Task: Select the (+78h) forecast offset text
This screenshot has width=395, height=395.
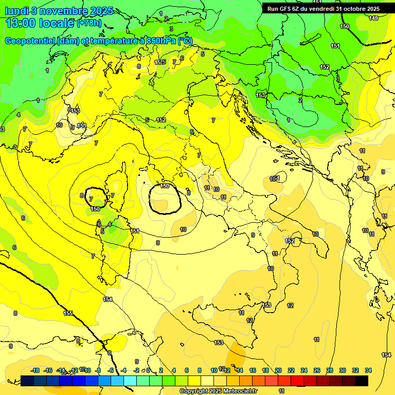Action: coord(88,23)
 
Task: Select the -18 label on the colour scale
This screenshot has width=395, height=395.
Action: coord(35,370)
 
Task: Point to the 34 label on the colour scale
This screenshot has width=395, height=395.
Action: coord(368,370)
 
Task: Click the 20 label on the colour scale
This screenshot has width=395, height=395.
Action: coord(278,370)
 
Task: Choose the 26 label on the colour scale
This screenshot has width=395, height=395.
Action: coord(317,370)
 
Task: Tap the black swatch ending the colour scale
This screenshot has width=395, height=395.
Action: coord(362,381)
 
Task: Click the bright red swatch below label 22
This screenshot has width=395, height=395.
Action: coord(298,381)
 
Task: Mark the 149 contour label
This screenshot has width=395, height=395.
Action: coord(373,18)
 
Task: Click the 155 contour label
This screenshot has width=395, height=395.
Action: coord(68,313)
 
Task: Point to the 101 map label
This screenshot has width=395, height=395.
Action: coord(275,179)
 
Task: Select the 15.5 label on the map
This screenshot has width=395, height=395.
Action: coord(160,62)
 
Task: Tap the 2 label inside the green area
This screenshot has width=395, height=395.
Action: coord(300,100)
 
